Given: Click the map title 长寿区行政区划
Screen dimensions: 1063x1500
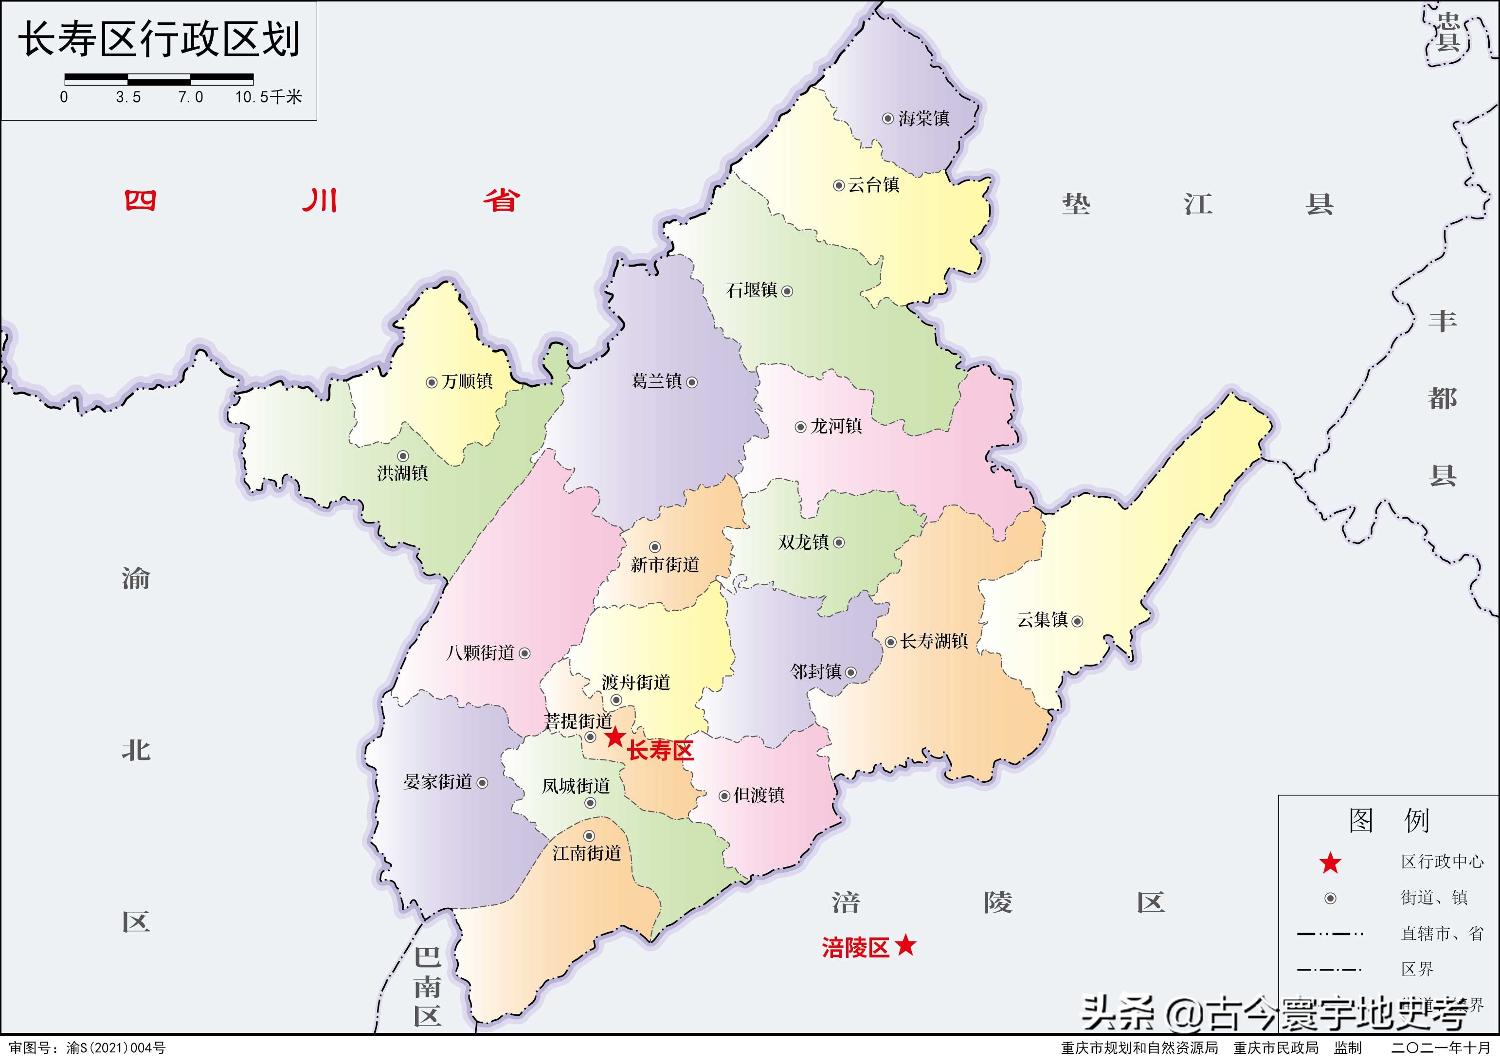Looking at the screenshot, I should click(159, 40).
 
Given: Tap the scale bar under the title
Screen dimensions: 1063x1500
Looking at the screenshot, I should click(159, 80).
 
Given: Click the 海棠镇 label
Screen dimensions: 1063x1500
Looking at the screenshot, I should click(923, 119).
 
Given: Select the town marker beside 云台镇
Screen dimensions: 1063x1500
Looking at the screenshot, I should click(838, 186).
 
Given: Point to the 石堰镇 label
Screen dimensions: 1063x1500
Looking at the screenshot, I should click(752, 290).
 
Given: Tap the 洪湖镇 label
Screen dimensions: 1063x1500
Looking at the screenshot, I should click(402, 472).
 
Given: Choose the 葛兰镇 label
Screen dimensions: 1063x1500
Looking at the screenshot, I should click(656, 381).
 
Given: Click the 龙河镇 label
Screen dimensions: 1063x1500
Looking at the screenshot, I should click(836, 426).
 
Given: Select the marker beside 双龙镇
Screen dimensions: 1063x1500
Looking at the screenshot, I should click(839, 542).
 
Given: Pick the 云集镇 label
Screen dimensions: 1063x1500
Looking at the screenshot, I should click(1042, 619).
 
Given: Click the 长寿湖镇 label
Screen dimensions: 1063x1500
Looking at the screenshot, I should click(934, 641).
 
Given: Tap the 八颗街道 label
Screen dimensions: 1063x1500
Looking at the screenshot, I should click(480, 652).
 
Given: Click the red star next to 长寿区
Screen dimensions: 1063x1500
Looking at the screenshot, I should click(614, 738).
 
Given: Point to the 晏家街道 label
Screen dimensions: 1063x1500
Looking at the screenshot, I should click(438, 781).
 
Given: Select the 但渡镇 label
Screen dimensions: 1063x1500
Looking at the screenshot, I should click(759, 795).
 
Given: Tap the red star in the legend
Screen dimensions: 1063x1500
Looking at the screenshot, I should click(1331, 863).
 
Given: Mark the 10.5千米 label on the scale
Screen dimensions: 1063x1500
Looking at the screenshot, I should click(268, 97).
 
